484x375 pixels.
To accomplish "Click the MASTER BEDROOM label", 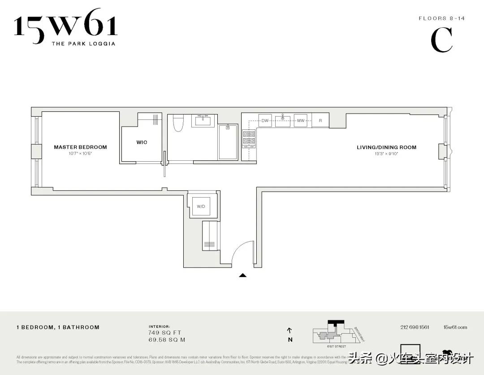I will tap(80, 147).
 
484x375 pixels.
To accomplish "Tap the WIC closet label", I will tap(142, 142).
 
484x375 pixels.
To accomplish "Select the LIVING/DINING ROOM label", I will tap(386, 147).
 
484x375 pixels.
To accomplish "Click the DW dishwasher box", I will tap(265, 120).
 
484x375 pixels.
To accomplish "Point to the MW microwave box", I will tap(301, 120).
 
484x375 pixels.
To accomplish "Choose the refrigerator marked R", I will tap(320, 120).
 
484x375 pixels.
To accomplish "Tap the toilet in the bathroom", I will tap(178, 123).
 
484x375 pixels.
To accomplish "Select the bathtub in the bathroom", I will tap(228, 142).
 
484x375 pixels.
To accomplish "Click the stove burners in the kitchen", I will tap(249, 138).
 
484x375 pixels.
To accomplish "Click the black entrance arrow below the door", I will tap(242, 275).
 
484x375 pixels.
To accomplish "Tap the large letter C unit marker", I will tap(441, 40).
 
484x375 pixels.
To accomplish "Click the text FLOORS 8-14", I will tap(436, 18).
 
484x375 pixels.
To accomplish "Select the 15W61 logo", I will tap(65, 26).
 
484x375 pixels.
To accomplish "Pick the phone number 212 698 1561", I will tap(415, 327).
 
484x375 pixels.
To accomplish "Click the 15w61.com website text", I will tap(455, 327).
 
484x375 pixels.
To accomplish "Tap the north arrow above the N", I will tap(290, 331).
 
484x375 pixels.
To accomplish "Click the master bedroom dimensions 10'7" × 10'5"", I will tap(81, 154).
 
